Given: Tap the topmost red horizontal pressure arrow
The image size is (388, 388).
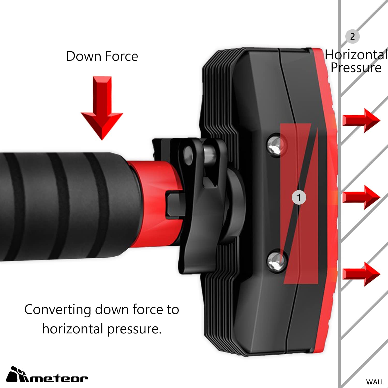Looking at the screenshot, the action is (361, 121).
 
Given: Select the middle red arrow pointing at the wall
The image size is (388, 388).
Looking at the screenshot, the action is (361, 197).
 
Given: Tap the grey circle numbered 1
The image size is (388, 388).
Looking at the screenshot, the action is (299, 198).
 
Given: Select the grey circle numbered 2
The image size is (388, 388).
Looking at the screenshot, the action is (353, 36).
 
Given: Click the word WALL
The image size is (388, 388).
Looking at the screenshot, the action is (375, 382).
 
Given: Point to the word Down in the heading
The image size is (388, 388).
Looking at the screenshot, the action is (84, 56).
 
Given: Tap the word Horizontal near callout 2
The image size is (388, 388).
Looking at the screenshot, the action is (356, 55).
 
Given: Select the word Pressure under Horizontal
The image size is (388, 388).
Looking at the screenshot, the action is (356, 68).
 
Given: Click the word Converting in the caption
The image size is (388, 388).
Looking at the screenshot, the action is (57, 310).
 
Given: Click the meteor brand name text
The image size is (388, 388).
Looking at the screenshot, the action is (58, 378).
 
